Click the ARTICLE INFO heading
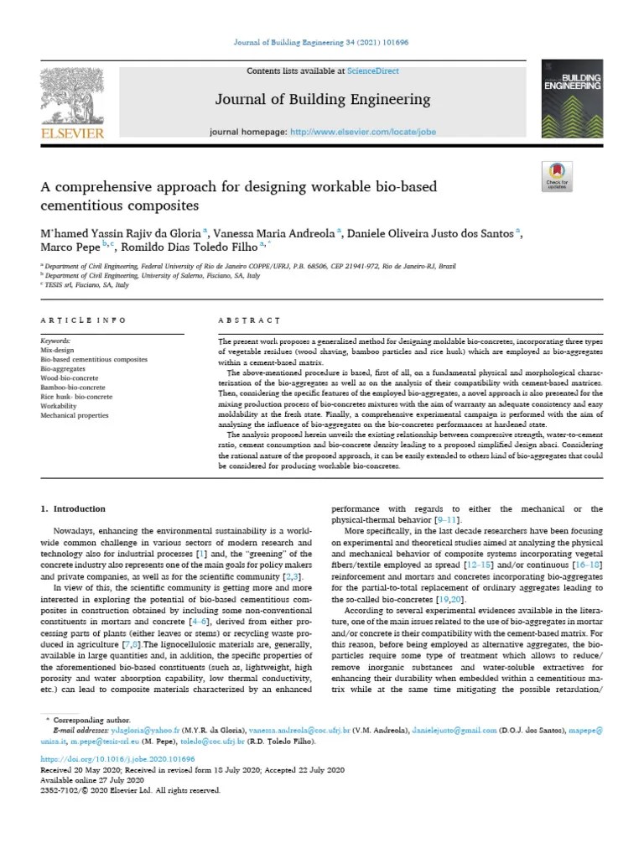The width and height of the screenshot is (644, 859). pyautogui.click(x=84, y=320)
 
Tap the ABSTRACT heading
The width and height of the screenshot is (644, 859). pyautogui.click(x=248, y=320)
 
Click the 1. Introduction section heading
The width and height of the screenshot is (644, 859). pyautogui.click(x=74, y=509)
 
